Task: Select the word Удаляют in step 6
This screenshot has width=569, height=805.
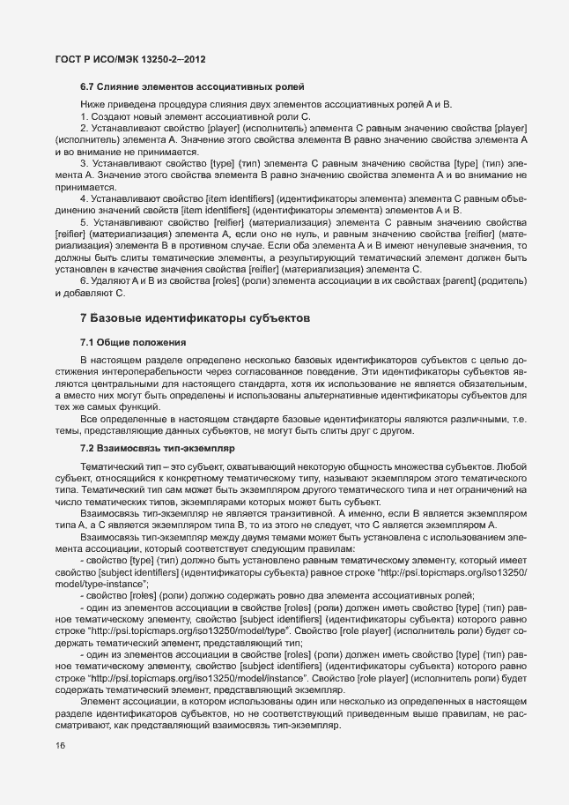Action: [x=111, y=280]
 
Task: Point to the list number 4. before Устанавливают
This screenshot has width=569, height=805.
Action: [x=85, y=198]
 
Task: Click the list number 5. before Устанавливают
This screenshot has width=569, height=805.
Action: [x=85, y=223]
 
